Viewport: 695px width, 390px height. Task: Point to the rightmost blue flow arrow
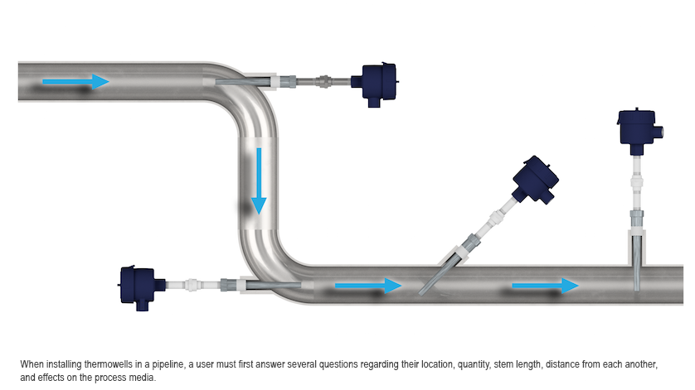point(544,286)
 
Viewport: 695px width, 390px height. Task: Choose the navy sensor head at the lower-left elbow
point(139,284)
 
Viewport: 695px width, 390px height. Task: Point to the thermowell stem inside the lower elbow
point(265,284)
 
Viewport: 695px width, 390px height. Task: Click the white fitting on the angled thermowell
point(494,219)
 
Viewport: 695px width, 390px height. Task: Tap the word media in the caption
point(143,377)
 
